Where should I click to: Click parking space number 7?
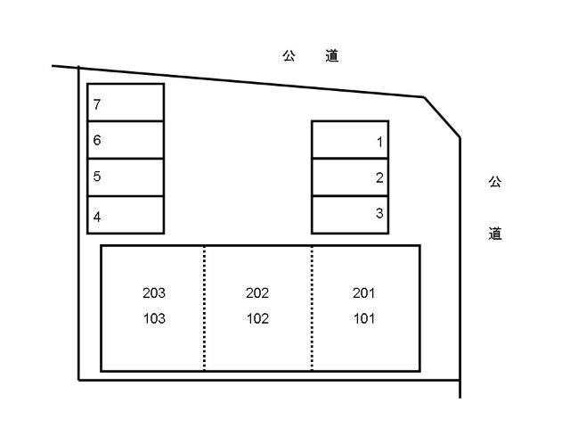[126, 103]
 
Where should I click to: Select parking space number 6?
[126, 140]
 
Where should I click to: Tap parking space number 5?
[126, 177]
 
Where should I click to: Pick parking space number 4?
[126, 215]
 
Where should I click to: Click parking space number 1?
[350, 140]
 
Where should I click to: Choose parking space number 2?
[350, 177]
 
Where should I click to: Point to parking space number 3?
[350, 215]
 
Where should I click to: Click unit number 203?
[154, 293]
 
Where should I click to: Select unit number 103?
[154, 319]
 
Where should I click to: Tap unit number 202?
[257, 293]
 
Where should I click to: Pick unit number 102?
[257, 319]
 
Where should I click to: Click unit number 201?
[363, 293]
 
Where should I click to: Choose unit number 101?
[364, 319]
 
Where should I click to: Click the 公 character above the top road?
[289, 56]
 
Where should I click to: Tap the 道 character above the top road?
[332, 56]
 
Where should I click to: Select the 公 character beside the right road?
[495, 182]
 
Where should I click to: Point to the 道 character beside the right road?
[495, 234]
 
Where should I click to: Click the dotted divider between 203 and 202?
[204, 309]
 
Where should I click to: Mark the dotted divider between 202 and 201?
[312, 309]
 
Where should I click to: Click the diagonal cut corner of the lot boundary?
[442, 117]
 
